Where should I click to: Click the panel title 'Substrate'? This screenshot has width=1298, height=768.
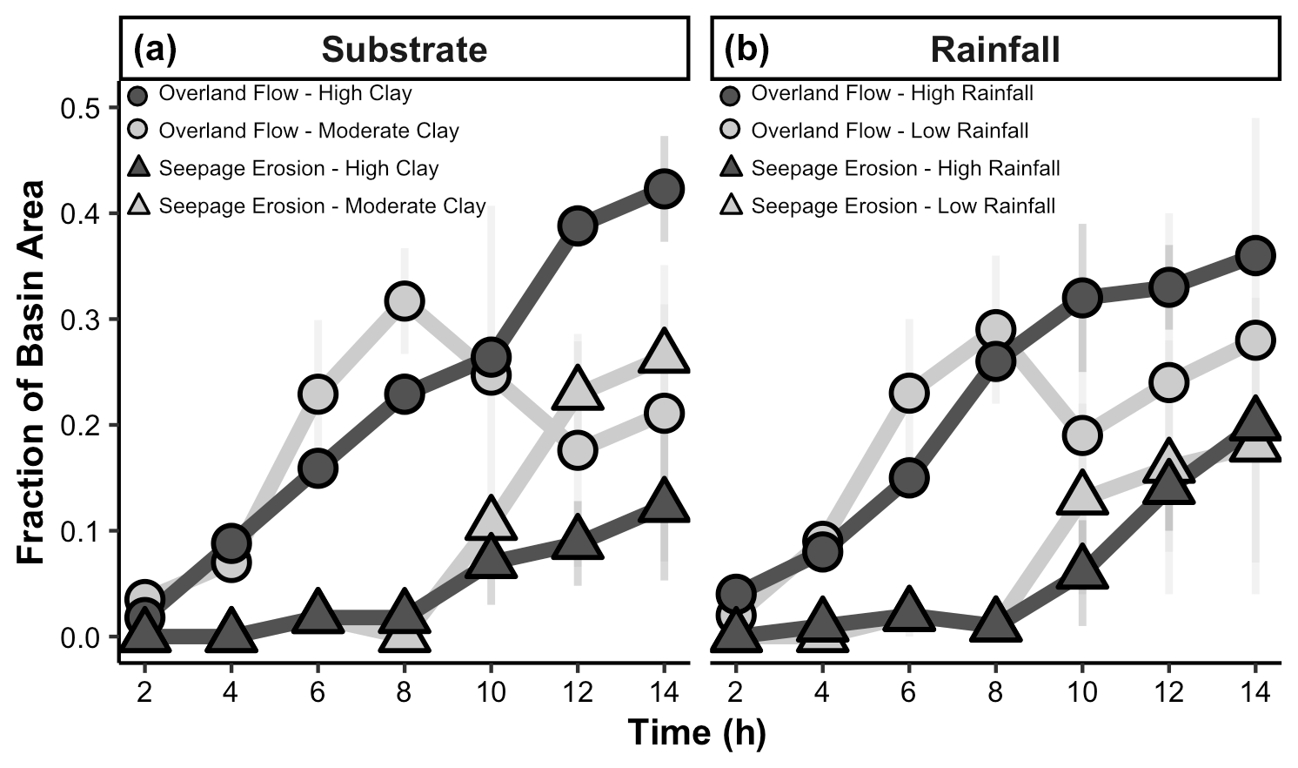[x=405, y=50]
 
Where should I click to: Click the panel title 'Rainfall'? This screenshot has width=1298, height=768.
[x=995, y=50]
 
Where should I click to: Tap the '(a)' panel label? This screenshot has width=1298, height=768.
[x=154, y=50]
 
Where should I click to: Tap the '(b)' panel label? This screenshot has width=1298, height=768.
[x=746, y=50]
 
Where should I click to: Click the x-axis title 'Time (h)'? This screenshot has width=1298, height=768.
[x=697, y=732]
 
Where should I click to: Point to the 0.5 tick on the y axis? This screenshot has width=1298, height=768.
[x=80, y=109]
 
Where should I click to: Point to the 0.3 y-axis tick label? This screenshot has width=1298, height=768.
[x=80, y=320]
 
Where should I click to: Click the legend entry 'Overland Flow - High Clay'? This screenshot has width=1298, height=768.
[x=285, y=93]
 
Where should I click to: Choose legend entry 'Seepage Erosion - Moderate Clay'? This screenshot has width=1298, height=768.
[x=322, y=206]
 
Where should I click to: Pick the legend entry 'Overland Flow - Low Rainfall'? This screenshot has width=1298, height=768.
[x=890, y=131]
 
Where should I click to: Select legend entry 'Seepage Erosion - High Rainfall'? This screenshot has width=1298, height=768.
[x=906, y=168]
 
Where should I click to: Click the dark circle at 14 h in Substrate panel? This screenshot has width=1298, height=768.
[x=664, y=189]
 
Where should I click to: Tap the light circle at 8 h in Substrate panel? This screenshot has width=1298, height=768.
[x=404, y=301]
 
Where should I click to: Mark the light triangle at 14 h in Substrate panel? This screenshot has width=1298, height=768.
[x=664, y=353]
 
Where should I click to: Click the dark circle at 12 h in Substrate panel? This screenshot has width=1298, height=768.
[x=577, y=226]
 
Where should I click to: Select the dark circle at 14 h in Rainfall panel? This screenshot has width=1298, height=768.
[x=1255, y=256]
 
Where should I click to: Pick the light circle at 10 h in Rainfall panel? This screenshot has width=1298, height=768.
[x=1081, y=435]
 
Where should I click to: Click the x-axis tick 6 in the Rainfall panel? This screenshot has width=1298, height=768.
[x=908, y=692]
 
